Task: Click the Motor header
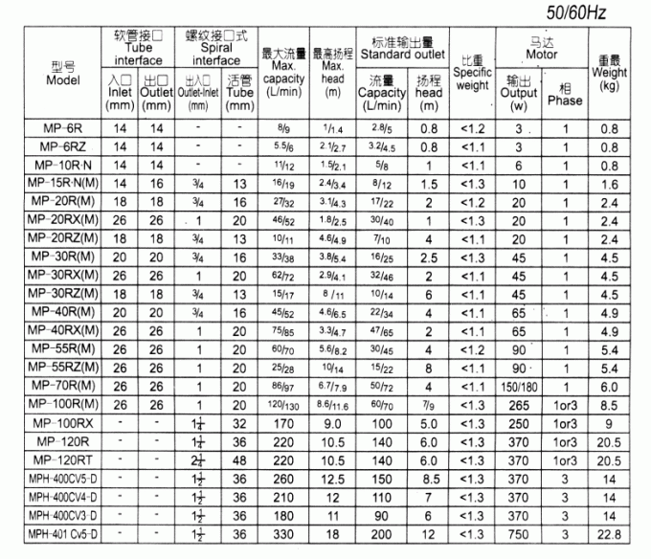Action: pyautogui.click(x=543, y=49)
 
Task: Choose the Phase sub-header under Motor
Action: pyautogui.click(x=565, y=95)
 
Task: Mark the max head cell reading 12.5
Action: pyautogui.click(x=332, y=479)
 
